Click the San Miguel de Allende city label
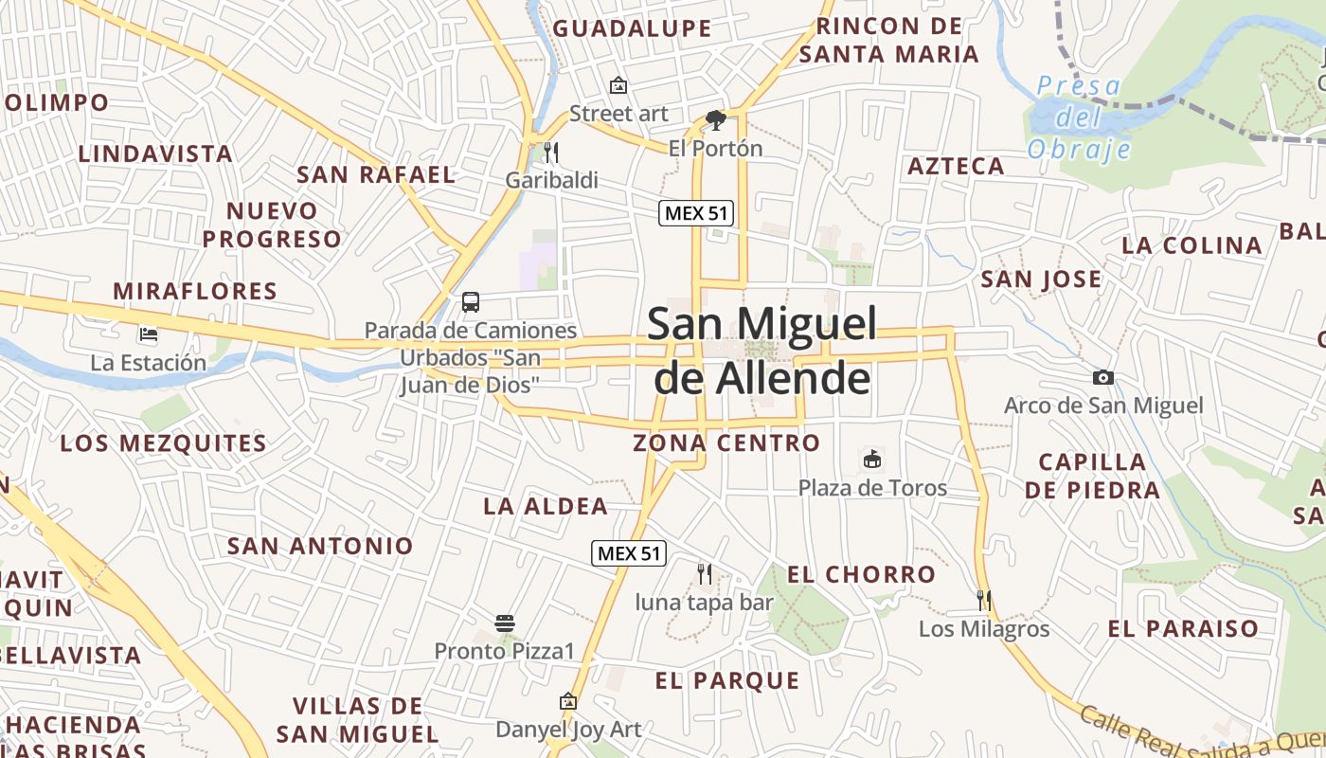(x=762, y=351)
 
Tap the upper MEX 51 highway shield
(x=696, y=213)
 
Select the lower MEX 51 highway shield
(x=629, y=553)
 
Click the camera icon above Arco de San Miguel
(x=1103, y=378)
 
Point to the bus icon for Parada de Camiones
(x=471, y=302)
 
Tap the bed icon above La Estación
(x=149, y=334)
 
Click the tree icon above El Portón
(x=716, y=120)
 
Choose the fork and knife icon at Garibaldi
(x=551, y=152)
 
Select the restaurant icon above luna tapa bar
(x=704, y=573)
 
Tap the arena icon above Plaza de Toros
(x=872, y=460)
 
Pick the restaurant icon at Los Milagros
(x=984, y=600)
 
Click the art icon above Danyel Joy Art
(x=568, y=701)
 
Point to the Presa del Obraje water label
(x=1079, y=117)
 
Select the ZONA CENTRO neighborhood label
(x=726, y=442)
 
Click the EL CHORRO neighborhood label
(x=861, y=574)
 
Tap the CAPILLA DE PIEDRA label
(x=1092, y=476)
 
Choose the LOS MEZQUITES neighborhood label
(x=163, y=443)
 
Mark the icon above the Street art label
(x=618, y=85)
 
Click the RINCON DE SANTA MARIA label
(x=888, y=41)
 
